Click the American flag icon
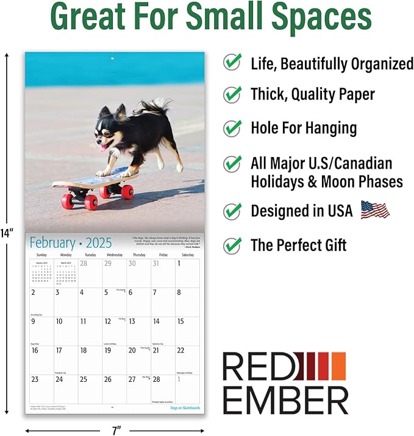pos(374,210)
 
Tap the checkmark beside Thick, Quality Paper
pos(232,94)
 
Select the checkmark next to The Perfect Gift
pos(232,245)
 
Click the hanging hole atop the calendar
pos(111,58)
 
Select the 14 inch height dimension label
pos(7,232)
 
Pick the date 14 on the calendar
pos(156,322)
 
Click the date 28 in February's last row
pos(156,379)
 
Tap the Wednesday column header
pos(114,255)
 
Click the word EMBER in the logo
pos(285,399)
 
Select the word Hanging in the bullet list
pos(327,128)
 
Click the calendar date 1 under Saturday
pos(179,264)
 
